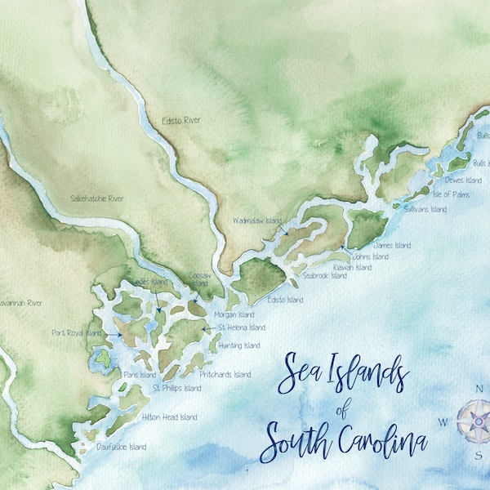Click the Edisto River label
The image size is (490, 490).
tap(181, 121)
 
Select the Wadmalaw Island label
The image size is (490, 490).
tap(256, 220)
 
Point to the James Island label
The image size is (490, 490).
tap(391, 245)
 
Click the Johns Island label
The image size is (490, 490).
tap(372, 257)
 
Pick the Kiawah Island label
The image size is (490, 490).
tap(353, 267)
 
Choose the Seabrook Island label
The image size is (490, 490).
tap(324, 276)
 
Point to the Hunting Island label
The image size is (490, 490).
tap(239, 345)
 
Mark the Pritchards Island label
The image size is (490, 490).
tap(225, 375)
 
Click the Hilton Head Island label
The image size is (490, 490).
tap(169, 417)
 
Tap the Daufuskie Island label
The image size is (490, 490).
tap(121, 447)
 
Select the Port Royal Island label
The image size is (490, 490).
tap(76, 333)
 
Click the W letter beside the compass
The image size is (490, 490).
tap(443, 422)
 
